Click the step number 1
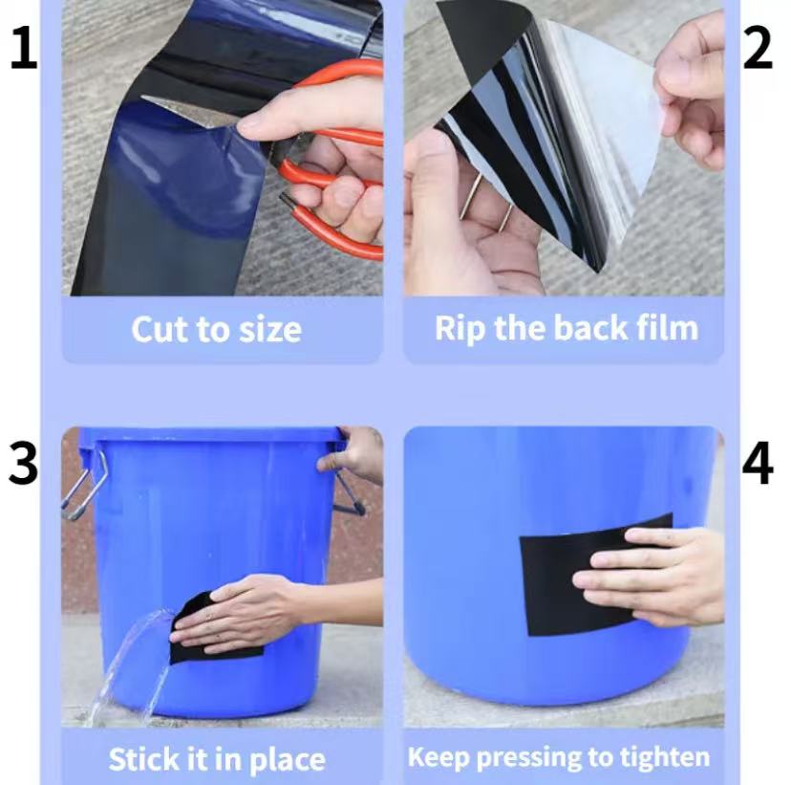pyautogui.click(x=24, y=48)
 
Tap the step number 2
pyautogui.click(x=758, y=48)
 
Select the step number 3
pyautogui.click(x=23, y=464)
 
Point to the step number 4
pyautogui.click(x=758, y=464)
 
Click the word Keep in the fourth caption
pyautogui.click(x=438, y=757)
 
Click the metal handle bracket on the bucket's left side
pyautogui.click(x=84, y=486)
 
